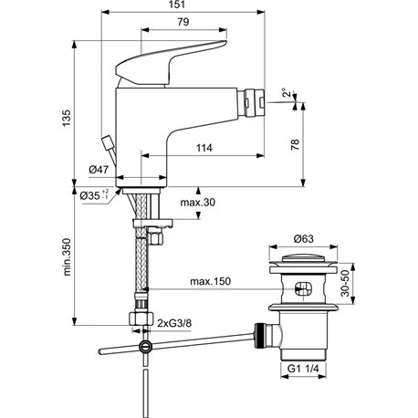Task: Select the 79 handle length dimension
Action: point(183,22)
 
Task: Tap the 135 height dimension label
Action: point(67,119)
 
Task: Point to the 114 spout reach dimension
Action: point(204,148)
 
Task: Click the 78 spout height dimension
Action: point(295,144)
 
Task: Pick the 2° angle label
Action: point(286,93)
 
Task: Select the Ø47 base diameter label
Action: point(99,170)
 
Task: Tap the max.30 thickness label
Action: point(198,203)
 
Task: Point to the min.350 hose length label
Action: point(67,257)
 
